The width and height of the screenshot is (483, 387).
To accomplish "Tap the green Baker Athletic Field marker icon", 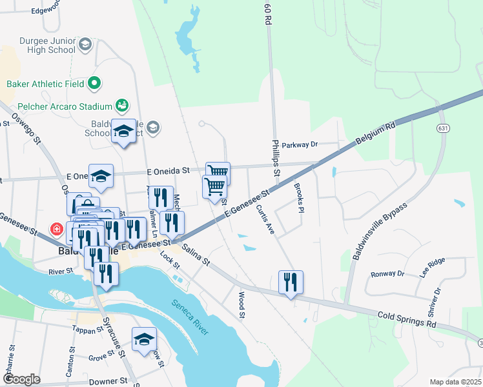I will [x=94, y=83].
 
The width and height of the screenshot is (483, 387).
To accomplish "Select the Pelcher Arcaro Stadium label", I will [x=56, y=104].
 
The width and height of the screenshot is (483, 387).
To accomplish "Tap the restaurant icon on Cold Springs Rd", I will [x=291, y=282].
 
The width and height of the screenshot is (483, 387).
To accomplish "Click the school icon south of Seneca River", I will [x=144, y=339].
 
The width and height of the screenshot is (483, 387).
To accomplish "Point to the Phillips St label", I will [x=276, y=158].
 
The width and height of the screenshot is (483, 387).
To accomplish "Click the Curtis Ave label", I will [x=265, y=219].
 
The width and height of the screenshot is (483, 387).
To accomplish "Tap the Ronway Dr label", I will [x=387, y=273].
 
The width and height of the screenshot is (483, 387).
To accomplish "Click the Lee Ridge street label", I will [x=432, y=267].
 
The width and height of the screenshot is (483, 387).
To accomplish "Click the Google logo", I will [x=21, y=379].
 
